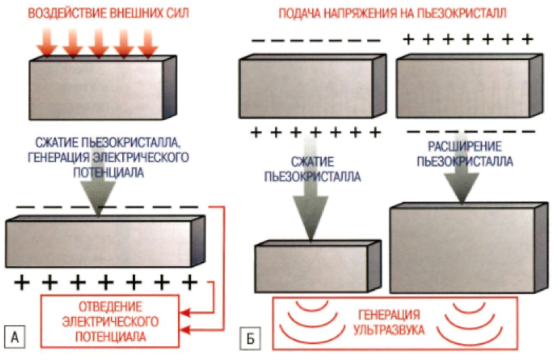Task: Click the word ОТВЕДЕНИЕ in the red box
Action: [111, 305]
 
